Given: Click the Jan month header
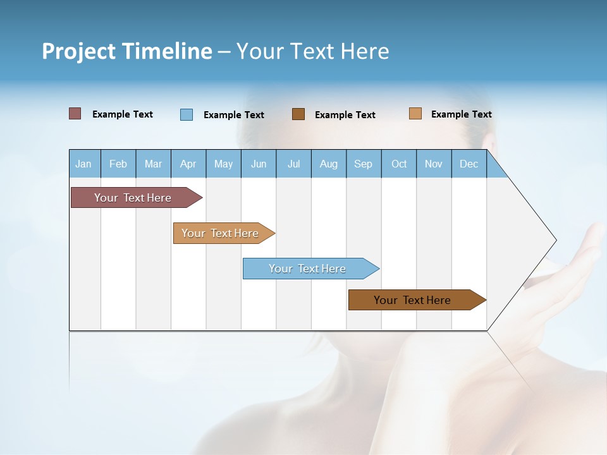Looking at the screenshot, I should [84, 164].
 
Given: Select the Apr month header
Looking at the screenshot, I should [188, 164].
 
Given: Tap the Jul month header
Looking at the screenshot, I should [293, 164].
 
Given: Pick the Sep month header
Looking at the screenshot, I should [364, 164].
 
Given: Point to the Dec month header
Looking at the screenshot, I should [469, 164].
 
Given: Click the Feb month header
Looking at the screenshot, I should [118, 164].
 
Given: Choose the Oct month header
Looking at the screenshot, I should [399, 164].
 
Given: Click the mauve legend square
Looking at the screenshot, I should [75, 114].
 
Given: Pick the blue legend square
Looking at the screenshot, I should [187, 114].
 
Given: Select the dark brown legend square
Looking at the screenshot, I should [298, 114].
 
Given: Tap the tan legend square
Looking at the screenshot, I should [415, 114].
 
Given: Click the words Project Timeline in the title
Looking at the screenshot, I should [127, 51].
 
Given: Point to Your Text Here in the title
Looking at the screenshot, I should [313, 51].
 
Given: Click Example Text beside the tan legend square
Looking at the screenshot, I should [461, 114].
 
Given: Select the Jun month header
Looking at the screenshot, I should [259, 164].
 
